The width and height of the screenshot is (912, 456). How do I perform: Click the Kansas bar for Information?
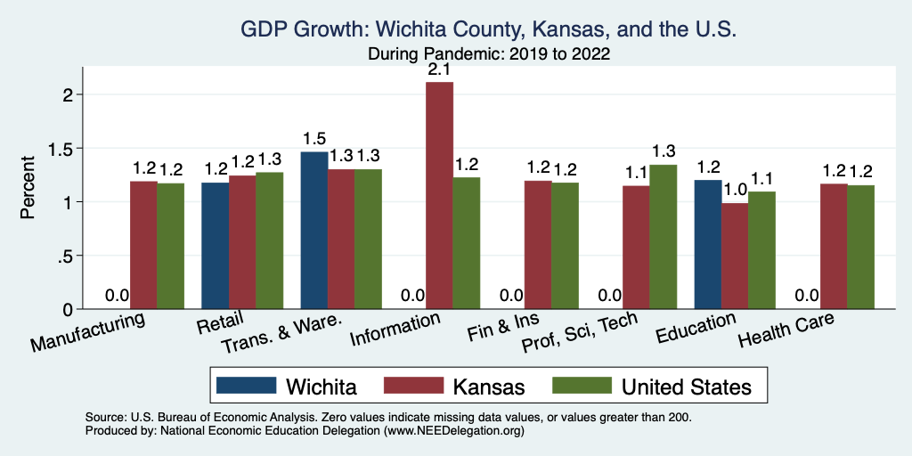[439, 196]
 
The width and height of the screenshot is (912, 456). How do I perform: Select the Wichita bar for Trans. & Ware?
[313, 231]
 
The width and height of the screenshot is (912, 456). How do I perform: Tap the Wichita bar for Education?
[707, 244]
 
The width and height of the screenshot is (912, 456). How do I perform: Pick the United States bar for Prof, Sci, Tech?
[663, 237]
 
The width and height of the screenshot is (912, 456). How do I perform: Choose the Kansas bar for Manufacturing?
[143, 245]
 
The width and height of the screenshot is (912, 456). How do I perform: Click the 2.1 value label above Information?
[440, 69]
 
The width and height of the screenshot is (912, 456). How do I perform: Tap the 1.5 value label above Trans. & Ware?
[313, 139]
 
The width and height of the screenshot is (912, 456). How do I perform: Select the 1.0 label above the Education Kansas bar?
[735, 191]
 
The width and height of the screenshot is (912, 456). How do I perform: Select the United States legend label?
[686, 387]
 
